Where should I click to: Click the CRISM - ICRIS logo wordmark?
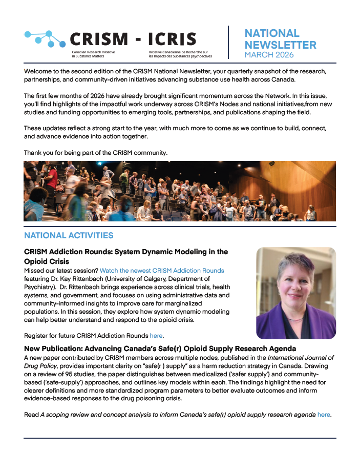(x=132, y=39)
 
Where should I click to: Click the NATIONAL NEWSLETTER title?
(x=280, y=39)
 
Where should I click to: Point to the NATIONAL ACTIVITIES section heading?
(x=69, y=236)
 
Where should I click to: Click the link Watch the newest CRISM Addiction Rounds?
(x=162, y=271)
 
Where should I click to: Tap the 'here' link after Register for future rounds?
(x=156, y=336)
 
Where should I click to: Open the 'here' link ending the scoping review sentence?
(x=324, y=415)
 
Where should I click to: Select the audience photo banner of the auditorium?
(x=180, y=191)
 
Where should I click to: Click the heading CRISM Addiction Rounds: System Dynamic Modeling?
(x=126, y=256)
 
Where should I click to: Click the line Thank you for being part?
(x=96, y=153)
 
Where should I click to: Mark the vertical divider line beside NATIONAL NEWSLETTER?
(x=228, y=42)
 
